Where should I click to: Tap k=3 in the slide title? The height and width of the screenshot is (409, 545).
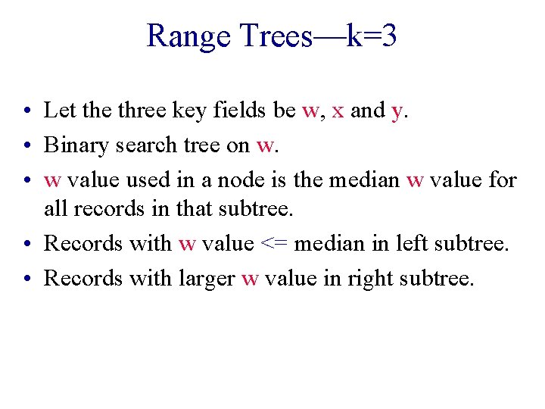pyautogui.click(x=371, y=36)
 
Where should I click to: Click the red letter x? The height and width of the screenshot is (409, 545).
pyautogui.click(x=338, y=111)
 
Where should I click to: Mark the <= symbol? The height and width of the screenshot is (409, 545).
pyautogui.click(x=273, y=244)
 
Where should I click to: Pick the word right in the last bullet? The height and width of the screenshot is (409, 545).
pyautogui.click(x=364, y=279)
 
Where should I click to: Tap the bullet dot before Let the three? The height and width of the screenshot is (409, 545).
pyautogui.click(x=26, y=112)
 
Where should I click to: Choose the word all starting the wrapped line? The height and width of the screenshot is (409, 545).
pyautogui.click(x=55, y=208)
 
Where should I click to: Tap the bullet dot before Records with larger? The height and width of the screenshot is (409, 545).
pyautogui.click(x=26, y=279)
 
